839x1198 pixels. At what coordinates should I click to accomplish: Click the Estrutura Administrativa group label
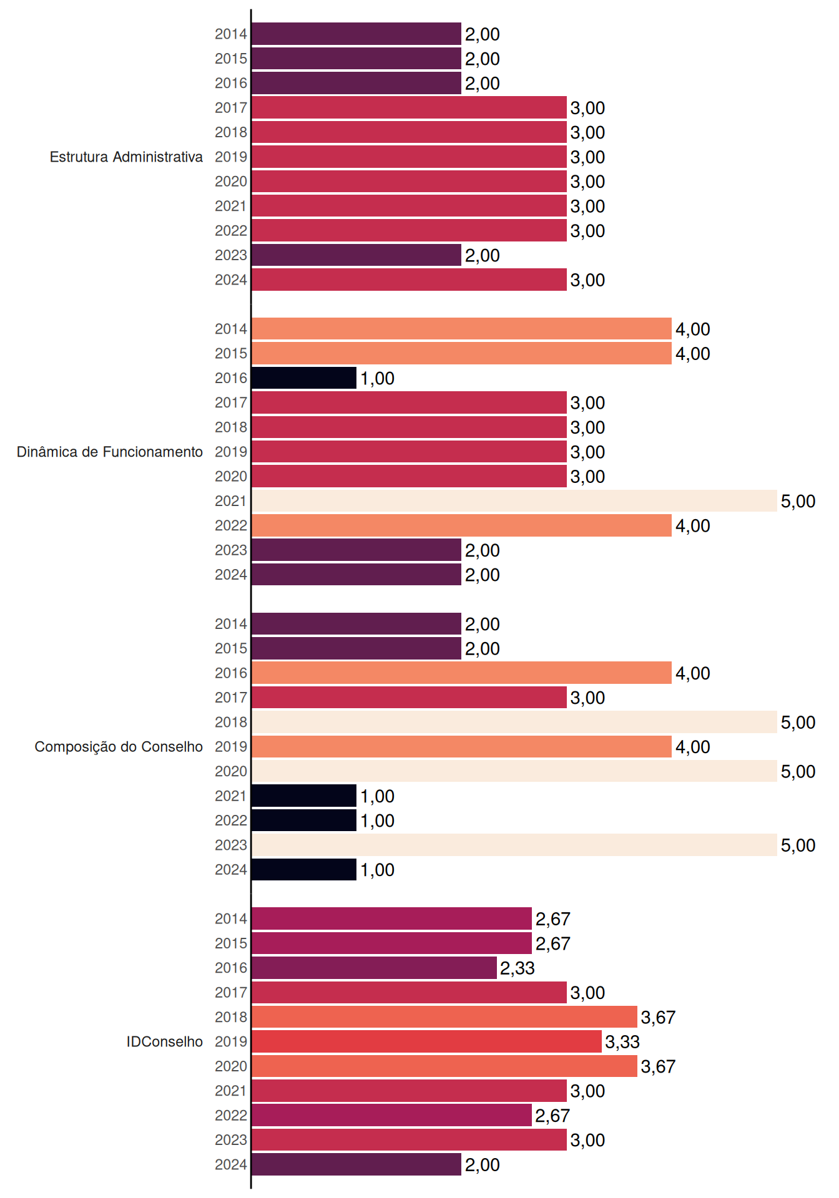(126, 157)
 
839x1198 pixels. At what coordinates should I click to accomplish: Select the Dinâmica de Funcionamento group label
(110, 452)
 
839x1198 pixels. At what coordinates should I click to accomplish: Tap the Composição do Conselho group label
(119, 747)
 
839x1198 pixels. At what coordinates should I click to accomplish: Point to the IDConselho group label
(165, 1041)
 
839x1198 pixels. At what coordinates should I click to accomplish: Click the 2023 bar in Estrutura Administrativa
(356, 255)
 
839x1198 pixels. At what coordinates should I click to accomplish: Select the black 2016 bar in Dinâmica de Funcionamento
(304, 378)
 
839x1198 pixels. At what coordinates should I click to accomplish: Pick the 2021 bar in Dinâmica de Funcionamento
(514, 501)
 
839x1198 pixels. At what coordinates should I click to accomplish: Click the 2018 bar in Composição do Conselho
(514, 722)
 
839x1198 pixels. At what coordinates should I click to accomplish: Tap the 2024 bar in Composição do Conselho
(304, 870)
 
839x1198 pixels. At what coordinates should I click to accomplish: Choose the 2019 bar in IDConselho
(426, 1041)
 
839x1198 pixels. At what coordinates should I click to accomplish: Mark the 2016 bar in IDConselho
(374, 968)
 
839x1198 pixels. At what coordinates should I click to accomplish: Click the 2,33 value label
(518, 968)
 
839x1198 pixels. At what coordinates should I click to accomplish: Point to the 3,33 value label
(622, 1042)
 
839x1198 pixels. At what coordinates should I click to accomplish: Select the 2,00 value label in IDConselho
(483, 1165)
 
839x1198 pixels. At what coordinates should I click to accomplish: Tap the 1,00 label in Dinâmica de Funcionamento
(378, 379)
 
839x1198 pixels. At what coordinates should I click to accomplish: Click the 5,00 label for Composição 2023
(798, 845)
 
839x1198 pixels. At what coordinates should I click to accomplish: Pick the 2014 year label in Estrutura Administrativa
(231, 34)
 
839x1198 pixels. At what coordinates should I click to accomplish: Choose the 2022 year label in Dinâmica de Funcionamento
(231, 526)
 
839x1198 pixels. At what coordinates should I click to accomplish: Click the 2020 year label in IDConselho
(231, 1066)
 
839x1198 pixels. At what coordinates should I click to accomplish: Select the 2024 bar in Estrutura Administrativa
(409, 280)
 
